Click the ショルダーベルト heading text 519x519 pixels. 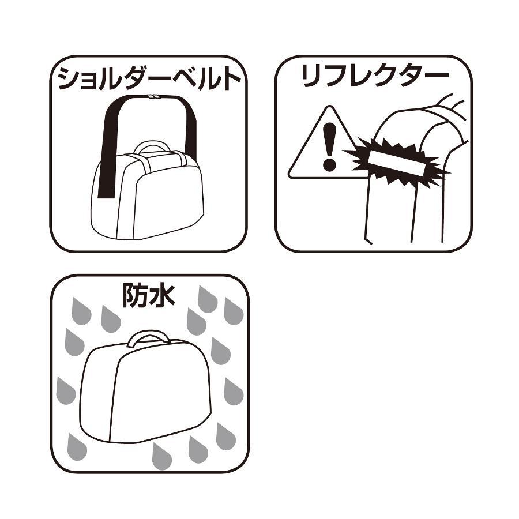pyautogui.click(x=149, y=78)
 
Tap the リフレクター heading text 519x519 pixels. pyautogui.click(x=375, y=76)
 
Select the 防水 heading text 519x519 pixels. pyautogui.click(x=149, y=295)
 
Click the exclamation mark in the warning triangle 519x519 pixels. pyautogui.click(x=329, y=146)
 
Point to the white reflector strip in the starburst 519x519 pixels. pyautogui.click(x=396, y=163)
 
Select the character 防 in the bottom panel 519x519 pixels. pyautogui.click(x=135, y=295)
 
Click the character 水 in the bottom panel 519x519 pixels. pyautogui.click(x=162, y=295)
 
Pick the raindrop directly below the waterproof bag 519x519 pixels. pyautogui.click(x=162, y=457)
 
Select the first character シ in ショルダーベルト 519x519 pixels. pyautogui.click(x=69, y=78)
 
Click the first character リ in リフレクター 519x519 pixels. pyautogui.click(x=311, y=76)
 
